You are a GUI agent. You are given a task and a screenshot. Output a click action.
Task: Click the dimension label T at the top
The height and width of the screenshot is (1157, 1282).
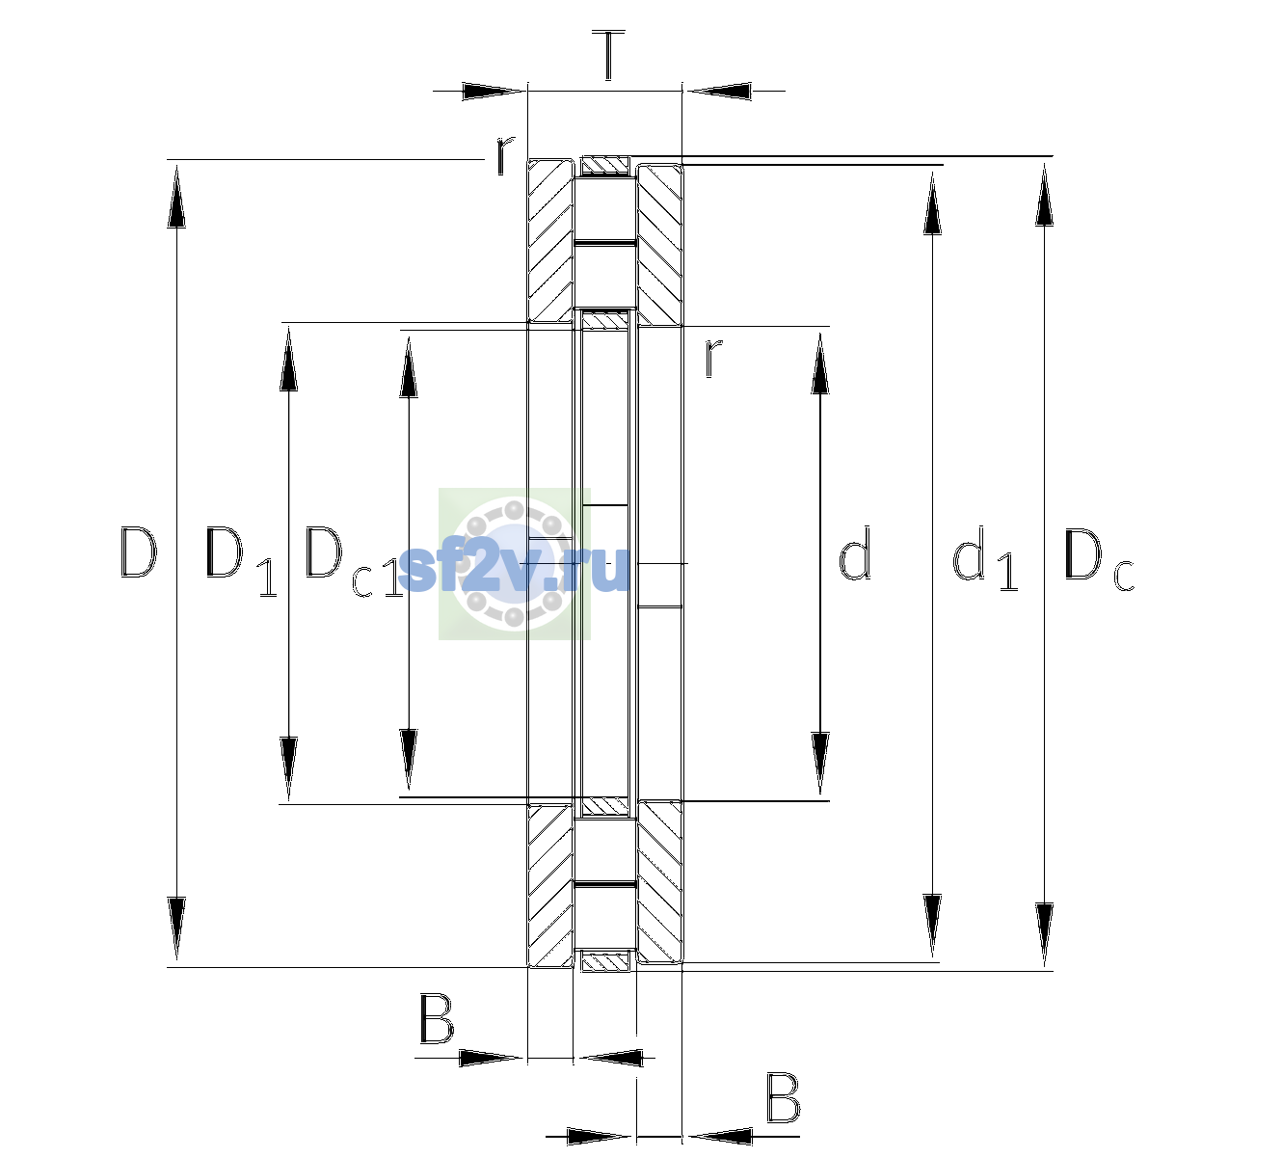point(608,55)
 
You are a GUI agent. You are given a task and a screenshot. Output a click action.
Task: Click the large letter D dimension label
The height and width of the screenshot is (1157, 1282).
point(138,552)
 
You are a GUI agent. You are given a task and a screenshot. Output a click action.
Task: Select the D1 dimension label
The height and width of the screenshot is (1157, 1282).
point(242,561)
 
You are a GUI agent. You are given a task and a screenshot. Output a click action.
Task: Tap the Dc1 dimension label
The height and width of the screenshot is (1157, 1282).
point(354,561)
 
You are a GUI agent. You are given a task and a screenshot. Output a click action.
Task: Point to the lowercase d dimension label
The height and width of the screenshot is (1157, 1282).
point(854,552)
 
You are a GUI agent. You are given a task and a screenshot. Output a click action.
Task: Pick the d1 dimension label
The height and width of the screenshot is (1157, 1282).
point(985,557)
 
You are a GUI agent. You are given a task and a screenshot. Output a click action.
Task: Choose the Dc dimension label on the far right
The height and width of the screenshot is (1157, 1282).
point(1099,558)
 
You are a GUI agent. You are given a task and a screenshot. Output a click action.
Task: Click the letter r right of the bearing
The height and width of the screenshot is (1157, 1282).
point(712,358)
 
